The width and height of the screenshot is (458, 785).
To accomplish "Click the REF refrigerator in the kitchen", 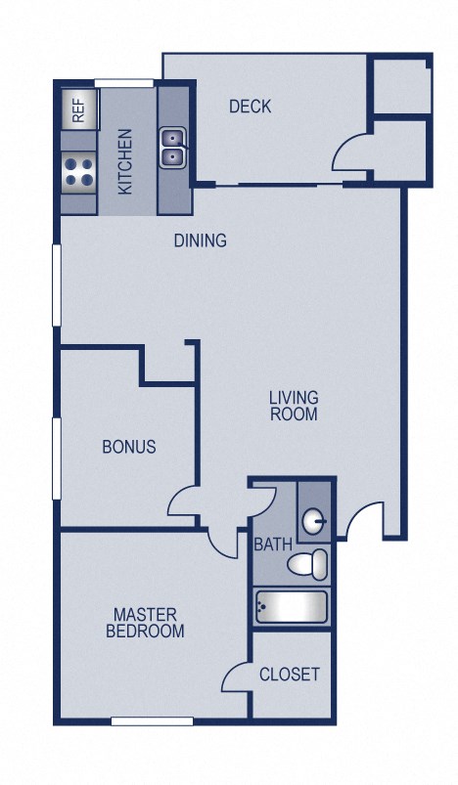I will [x=79, y=109].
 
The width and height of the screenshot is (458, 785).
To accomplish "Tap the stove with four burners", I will [x=79, y=172].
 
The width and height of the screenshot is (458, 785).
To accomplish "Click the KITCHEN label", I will [x=126, y=162].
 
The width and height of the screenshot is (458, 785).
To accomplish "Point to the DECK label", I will [x=250, y=107].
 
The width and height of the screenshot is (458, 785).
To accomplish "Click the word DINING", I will [x=201, y=240].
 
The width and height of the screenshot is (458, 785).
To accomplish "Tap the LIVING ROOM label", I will [x=294, y=406].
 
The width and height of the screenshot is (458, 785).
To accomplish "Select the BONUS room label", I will [x=129, y=447].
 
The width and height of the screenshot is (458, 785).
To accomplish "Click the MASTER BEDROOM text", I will [x=145, y=623].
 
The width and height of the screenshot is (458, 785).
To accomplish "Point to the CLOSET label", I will [x=290, y=675].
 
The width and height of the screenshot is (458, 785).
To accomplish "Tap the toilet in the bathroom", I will [x=309, y=564].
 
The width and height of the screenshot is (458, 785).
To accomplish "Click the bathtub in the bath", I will [x=291, y=607].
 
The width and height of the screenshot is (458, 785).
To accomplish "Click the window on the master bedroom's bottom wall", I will [x=152, y=722].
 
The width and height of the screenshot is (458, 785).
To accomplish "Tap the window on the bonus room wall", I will [x=57, y=457].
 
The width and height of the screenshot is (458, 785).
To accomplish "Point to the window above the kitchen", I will [x=124, y=82].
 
